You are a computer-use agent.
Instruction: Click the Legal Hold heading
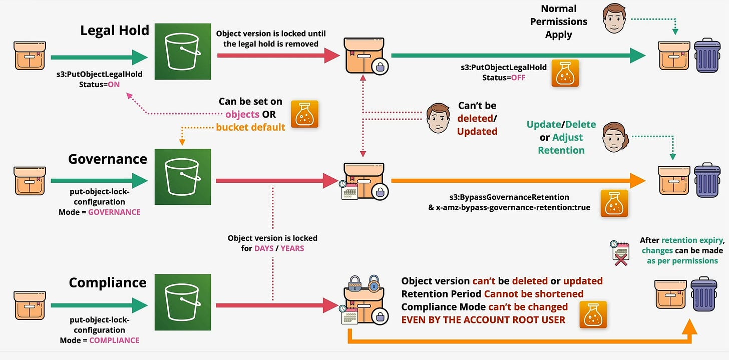(x=115, y=31)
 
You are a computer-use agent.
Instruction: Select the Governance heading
(x=108, y=159)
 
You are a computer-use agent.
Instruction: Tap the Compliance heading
(x=108, y=282)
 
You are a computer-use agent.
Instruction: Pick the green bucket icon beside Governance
(x=176, y=176)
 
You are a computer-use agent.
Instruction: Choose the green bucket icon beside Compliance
(x=176, y=302)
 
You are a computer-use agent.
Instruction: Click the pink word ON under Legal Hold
(x=114, y=84)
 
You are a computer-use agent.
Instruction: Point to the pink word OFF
(x=518, y=78)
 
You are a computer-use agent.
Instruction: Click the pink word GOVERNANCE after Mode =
(x=114, y=212)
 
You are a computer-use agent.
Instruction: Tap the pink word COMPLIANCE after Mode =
(x=114, y=340)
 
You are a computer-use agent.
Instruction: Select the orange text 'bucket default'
(x=250, y=127)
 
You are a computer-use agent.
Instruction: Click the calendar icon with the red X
(x=619, y=253)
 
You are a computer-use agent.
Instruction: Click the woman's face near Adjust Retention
(x=615, y=137)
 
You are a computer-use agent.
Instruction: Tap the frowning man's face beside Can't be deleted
(x=438, y=118)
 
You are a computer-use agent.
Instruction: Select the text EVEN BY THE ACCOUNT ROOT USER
(x=483, y=319)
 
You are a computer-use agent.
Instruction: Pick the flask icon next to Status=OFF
(x=565, y=74)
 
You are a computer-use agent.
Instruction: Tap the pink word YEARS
(x=292, y=248)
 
